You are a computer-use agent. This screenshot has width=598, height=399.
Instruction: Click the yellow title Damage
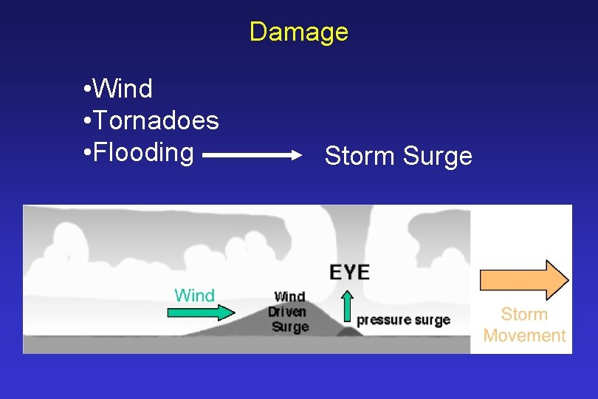pyautogui.click(x=298, y=32)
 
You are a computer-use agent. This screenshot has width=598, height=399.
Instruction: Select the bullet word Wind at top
pyautogui.click(x=124, y=89)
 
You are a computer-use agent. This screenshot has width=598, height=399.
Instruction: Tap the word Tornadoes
pyautogui.click(x=157, y=120)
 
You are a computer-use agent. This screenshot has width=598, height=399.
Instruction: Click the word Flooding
pyautogui.click(x=144, y=152)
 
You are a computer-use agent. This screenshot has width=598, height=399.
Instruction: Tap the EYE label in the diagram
pyautogui.click(x=349, y=271)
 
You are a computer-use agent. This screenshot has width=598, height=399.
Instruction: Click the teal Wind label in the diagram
pyautogui.click(x=194, y=296)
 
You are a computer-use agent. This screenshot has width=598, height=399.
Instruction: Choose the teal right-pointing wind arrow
pyautogui.click(x=199, y=313)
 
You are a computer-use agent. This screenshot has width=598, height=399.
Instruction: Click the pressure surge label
pyautogui.click(x=403, y=320)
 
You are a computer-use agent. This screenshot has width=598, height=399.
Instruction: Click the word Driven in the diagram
pyautogui.click(x=287, y=312)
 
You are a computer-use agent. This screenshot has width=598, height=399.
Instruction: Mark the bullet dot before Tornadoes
pyautogui.click(x=87, y=121)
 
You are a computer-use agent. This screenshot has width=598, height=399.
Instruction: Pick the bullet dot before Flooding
pyautogui.click(x=87, y=153)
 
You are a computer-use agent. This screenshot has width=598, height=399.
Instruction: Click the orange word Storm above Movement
pyautogui.click(x=524, y=314)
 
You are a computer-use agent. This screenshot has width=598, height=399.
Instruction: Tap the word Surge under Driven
pyautogui.click(x=290, y=326)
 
